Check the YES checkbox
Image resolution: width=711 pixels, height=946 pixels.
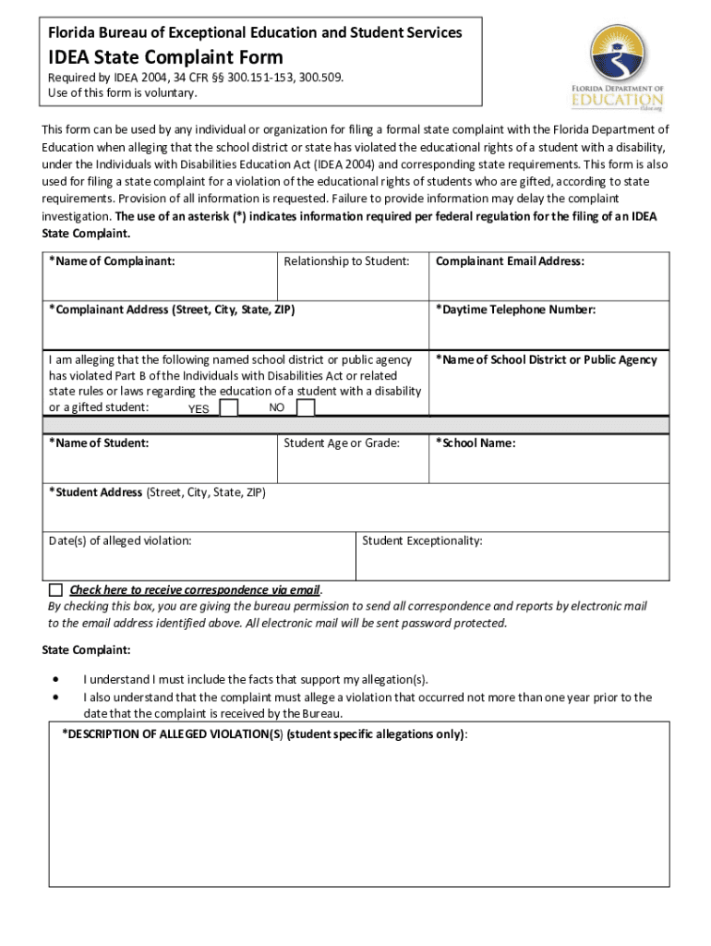click(x=230, y=408)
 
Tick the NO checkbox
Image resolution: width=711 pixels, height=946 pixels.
click(x=306, y=408)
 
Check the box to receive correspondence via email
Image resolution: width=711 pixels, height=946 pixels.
click(x=55, y=589)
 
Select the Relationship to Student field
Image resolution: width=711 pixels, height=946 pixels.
click(x=353, y=282)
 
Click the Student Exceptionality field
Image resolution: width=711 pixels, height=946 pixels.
click(x=512, y=560)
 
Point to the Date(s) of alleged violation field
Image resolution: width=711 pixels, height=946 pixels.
click(x=199, y=560)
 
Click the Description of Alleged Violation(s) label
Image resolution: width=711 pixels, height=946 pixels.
click(x=264, y=734)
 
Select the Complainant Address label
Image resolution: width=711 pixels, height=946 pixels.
click(x=172, y=309)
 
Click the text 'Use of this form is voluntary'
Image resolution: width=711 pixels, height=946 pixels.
click(x=123, y=92)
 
